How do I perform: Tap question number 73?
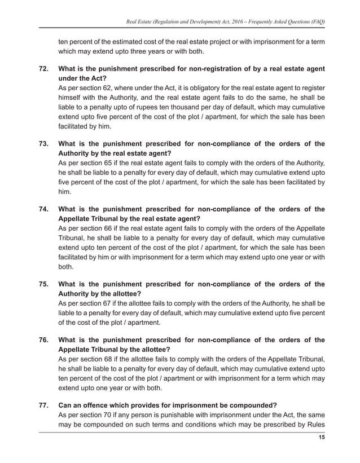(x=43, y=144)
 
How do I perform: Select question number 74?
(x=43, y=209)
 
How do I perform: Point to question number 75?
(x=43, y=285)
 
